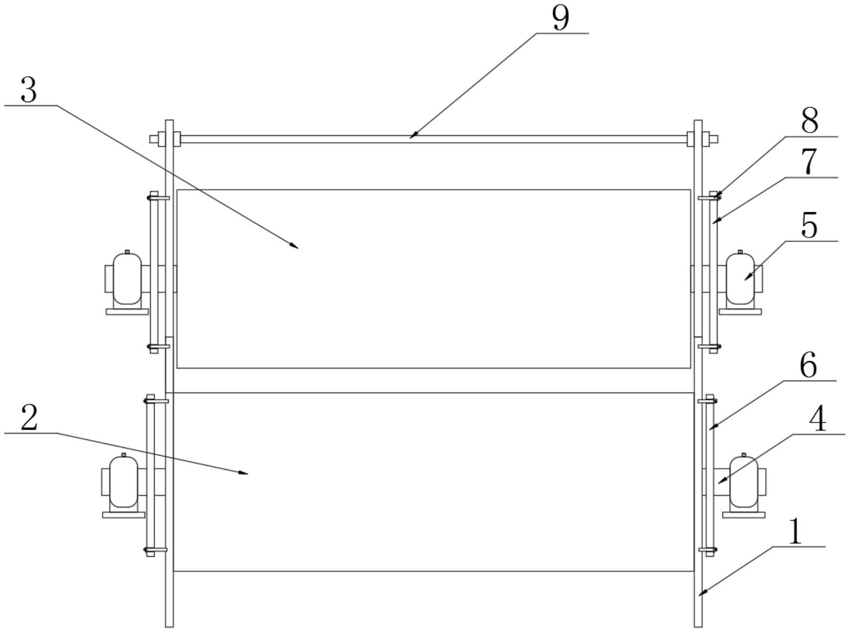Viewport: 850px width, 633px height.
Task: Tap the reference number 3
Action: [29, 90]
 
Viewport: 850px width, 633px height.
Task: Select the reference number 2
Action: [29, 419]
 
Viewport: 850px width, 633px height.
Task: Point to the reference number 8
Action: [810, 120]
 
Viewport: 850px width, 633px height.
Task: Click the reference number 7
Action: [810, 161]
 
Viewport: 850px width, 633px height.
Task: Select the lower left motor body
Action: [123, 481]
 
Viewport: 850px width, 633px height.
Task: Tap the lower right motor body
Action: [743, 481]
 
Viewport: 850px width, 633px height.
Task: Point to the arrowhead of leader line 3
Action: [295, 247]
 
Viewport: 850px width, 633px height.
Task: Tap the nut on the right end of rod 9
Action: [714, 139]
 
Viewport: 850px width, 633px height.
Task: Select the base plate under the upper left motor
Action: [127, 311]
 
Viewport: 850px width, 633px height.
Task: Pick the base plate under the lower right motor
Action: [743, 514]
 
